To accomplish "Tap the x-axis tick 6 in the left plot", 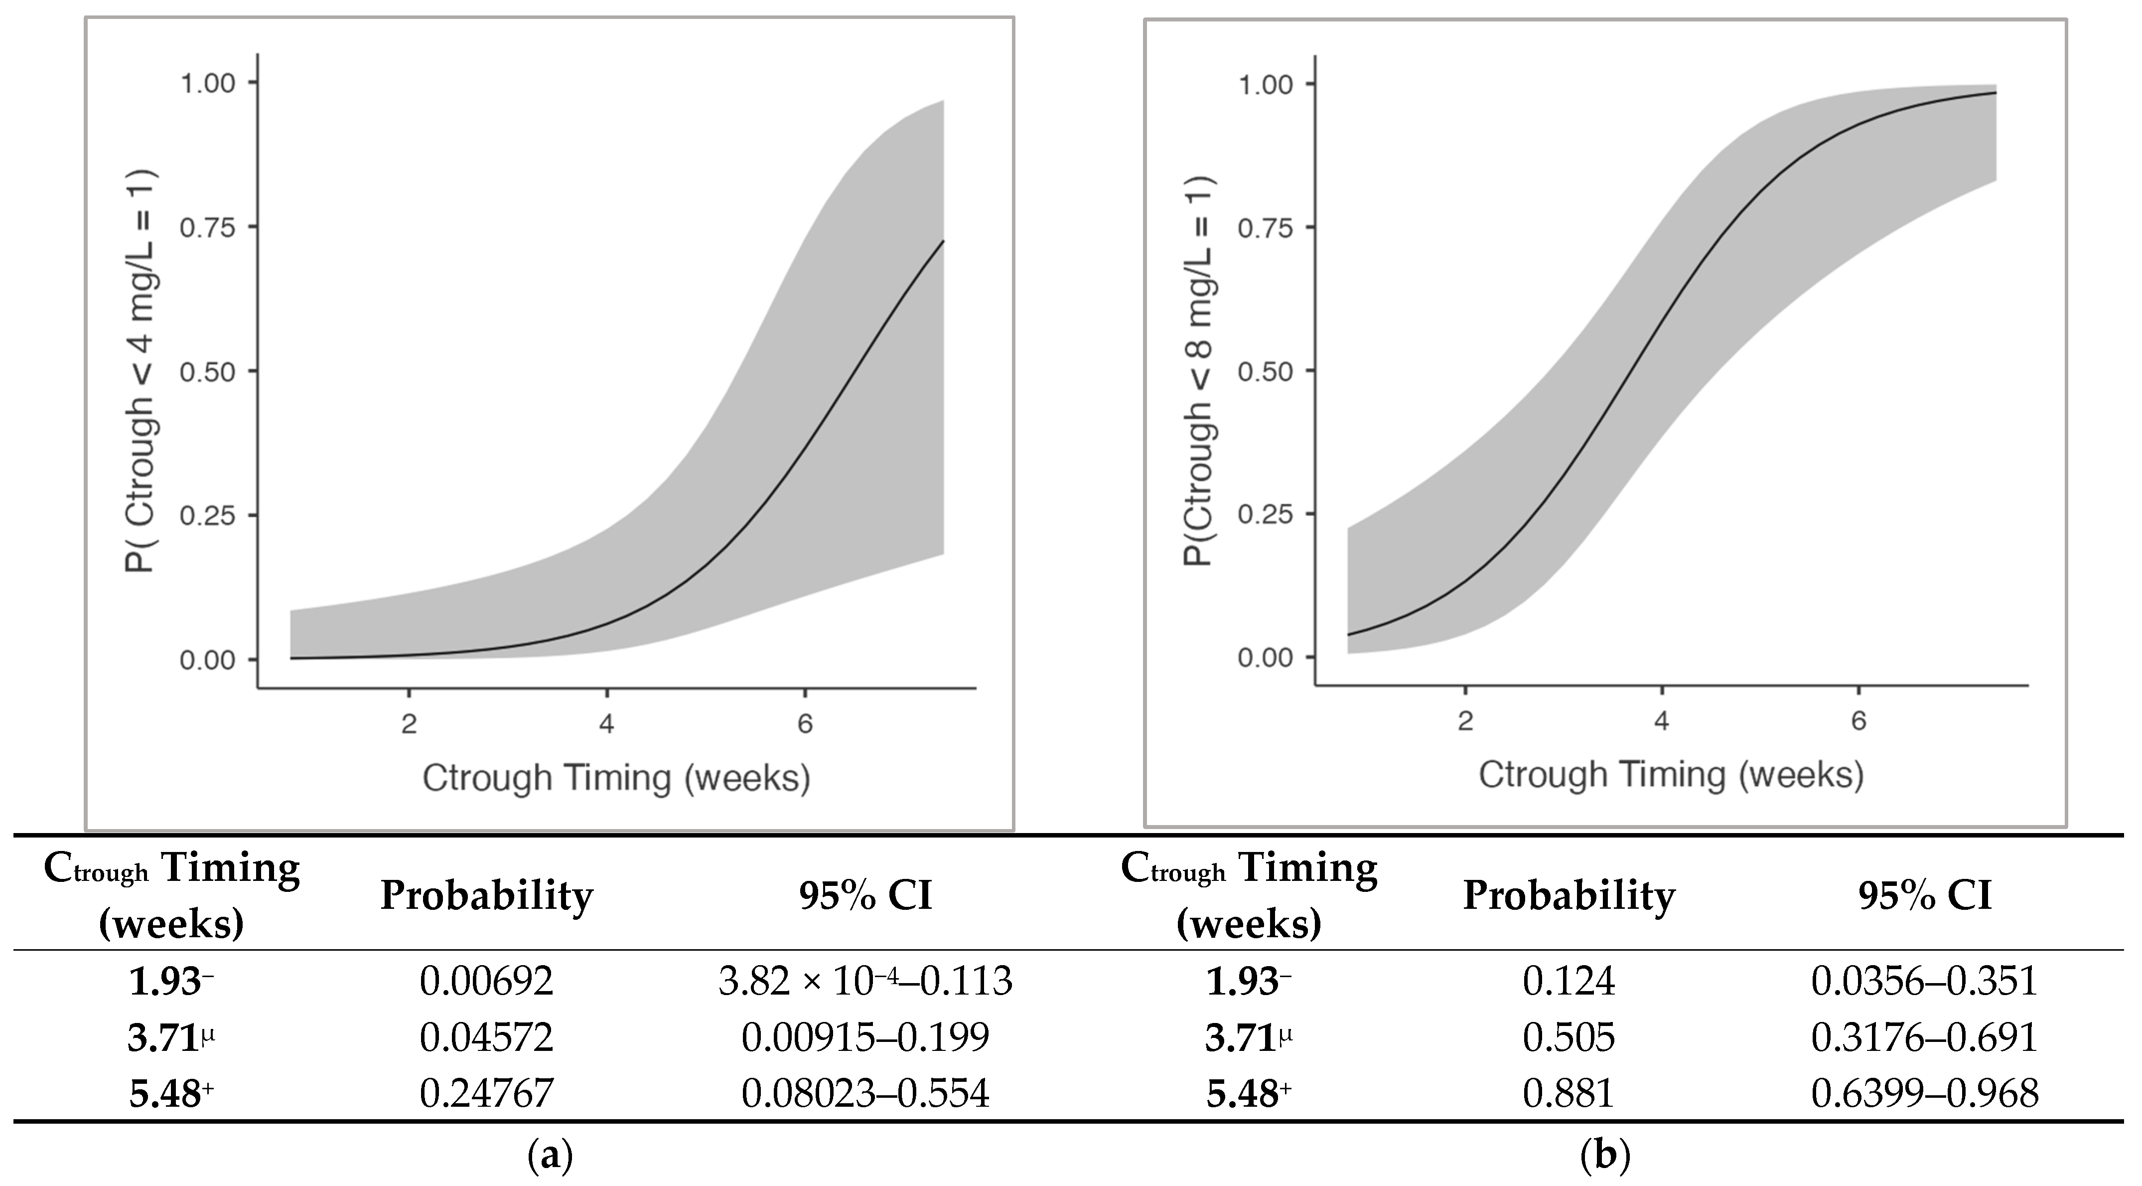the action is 804,723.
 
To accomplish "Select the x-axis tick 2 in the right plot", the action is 1465,720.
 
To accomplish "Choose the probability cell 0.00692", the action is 486,982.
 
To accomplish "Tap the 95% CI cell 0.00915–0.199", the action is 865,1037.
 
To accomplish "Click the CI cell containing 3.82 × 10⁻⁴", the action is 865,982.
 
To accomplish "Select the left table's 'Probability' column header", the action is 486,896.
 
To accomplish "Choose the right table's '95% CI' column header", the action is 1925,896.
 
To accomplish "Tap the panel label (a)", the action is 551,1156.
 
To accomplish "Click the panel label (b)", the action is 1604,1156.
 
